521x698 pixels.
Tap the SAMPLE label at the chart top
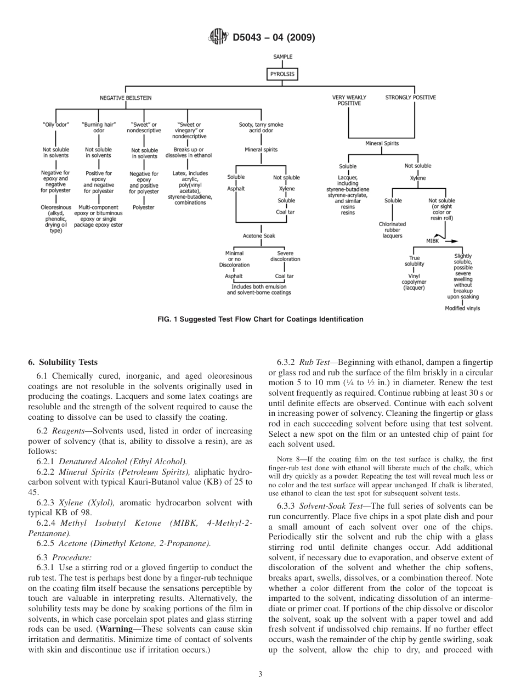(283, 57)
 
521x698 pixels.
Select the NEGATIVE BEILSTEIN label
(126, 98)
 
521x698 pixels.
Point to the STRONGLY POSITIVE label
(411, 98)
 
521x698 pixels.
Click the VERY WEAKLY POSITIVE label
(349, 100)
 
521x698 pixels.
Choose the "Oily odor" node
(56, 125)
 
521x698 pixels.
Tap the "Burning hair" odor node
(99, 127)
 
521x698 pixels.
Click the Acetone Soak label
(259, 235)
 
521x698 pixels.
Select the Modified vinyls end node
(462, 308)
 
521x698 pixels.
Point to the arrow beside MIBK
(451, 241)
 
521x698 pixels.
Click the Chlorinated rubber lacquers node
(393, 230)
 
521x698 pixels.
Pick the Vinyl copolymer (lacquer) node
(414, 282)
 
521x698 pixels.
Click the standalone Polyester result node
(144, 207)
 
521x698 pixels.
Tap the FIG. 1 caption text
(260, 319)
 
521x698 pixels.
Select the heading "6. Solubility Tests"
(63, 362)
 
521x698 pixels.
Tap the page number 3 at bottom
(260, 674)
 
